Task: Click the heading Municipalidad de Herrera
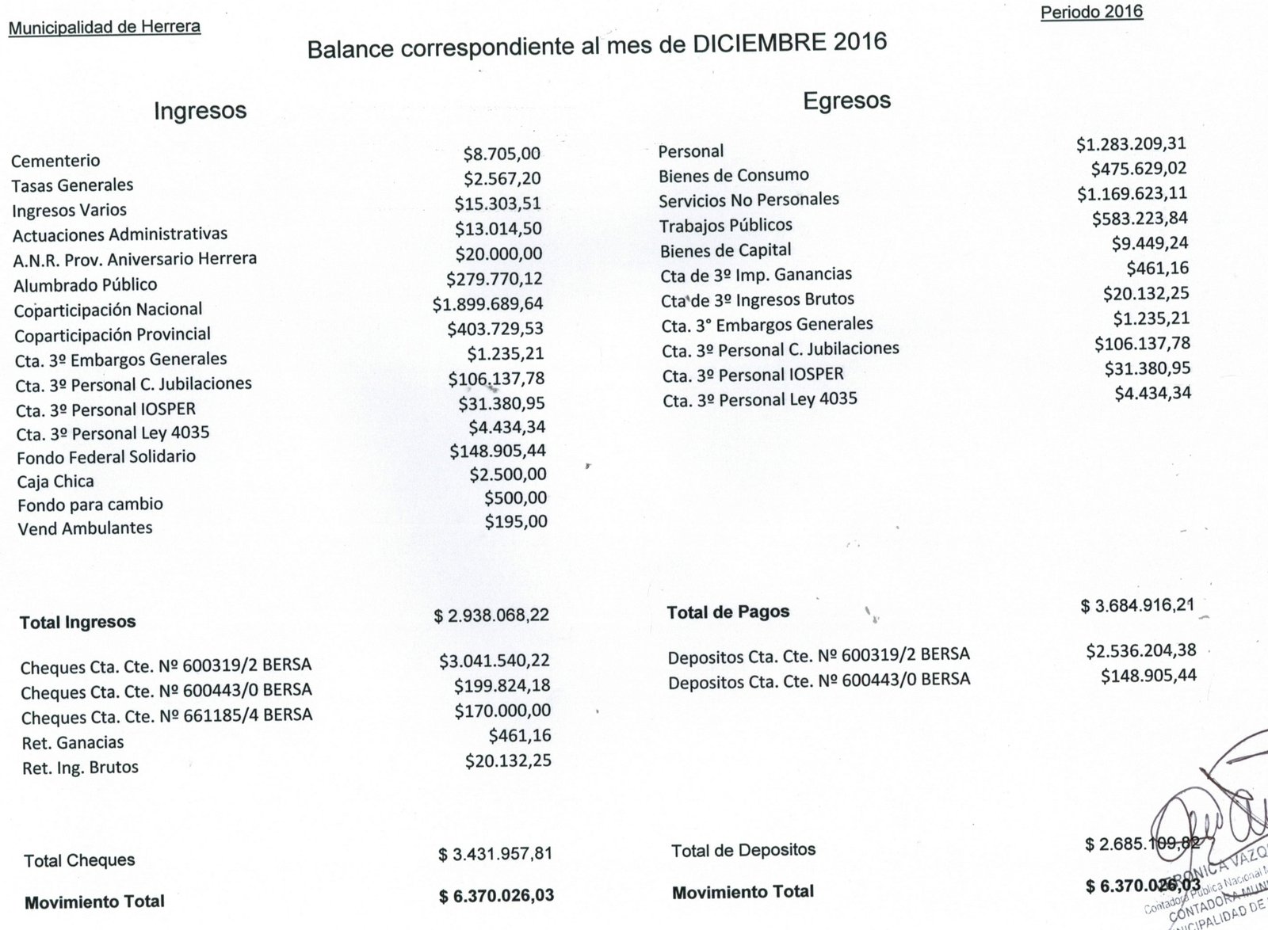(104, 27)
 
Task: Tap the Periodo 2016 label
(1091, 12)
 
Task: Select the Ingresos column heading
(200, 111)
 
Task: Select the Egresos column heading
(846, 101)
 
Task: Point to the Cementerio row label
(55, 161)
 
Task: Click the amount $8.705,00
(502, 154)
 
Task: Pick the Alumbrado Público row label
(85, 284)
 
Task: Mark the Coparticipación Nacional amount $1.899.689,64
(487, 304)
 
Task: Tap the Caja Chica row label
(55, 482)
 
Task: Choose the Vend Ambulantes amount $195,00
(515, 522)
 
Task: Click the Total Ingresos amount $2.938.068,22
(491, 616)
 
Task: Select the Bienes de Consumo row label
(733, 175)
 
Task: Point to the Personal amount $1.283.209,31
(1131, 144)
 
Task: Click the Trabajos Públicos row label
(725, 226)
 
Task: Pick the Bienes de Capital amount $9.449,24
(1150, 243)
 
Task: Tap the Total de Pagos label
(728, 612)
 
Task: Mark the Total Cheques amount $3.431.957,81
(495, 855)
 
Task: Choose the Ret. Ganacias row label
(73, 743)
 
